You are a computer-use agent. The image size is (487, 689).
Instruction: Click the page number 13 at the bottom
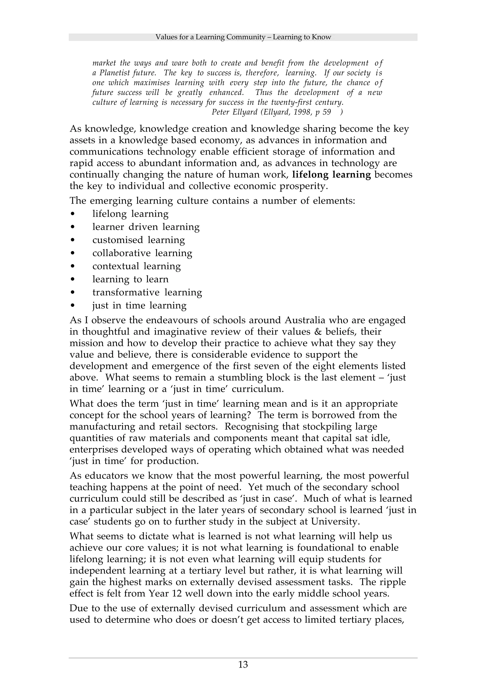click(243, 665)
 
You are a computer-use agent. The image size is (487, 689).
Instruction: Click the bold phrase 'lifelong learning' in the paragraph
click(331, 175)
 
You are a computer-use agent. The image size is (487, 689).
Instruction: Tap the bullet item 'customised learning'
click(138, 240)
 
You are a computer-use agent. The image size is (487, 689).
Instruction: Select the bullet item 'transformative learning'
click(147, 292)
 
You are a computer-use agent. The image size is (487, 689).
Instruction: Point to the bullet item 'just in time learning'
click(139, 306)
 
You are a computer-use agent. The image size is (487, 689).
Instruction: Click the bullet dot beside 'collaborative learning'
click(72, 253)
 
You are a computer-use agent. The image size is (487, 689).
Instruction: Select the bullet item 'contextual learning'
click(136, 266)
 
